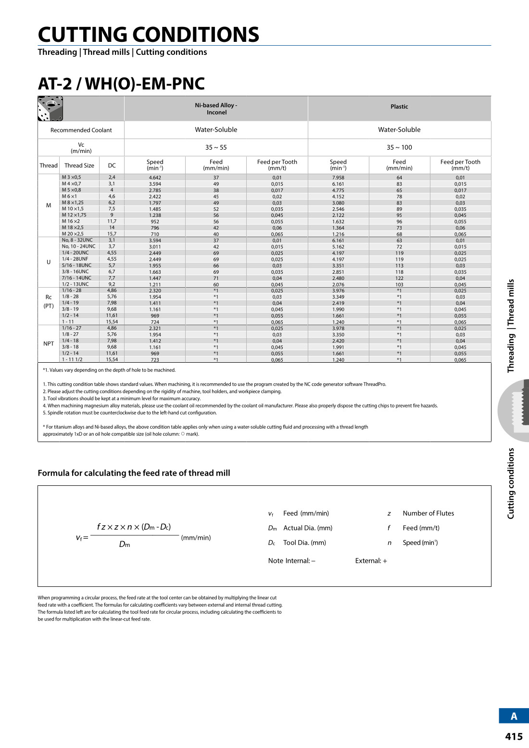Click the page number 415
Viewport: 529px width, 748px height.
tap(514, 736)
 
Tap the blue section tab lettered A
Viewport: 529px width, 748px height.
tap(514, 716)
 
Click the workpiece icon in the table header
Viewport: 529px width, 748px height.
tap(50, 109)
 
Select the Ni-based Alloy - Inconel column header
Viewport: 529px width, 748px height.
tap(216, 109)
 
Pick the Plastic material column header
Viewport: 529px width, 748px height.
tap(399, 107)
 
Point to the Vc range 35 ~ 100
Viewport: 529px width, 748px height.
tap(399, 148)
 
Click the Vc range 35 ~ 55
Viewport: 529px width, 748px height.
tap(216, 148)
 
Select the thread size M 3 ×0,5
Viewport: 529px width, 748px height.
tap(71, 177)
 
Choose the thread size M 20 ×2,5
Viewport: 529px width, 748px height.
tap(73, 234)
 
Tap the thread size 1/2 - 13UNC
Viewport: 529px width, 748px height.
tap(75, 284)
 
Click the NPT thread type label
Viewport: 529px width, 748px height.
tap(49, 344)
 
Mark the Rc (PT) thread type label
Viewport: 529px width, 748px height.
tap(49, 302)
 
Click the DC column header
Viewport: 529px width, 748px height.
tap(112, 165)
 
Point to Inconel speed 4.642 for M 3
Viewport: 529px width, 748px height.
tap(155, 177)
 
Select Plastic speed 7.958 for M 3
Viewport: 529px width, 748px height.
tap(338, 177)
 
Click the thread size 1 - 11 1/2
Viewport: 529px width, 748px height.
tap(72, 360)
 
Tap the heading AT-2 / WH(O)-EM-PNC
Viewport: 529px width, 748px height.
tap(121, 84)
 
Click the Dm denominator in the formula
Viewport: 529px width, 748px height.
tap(125, 545)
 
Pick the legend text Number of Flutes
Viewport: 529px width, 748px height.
tap(428, 513)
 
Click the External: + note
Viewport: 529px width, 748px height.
tap(371, 561)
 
